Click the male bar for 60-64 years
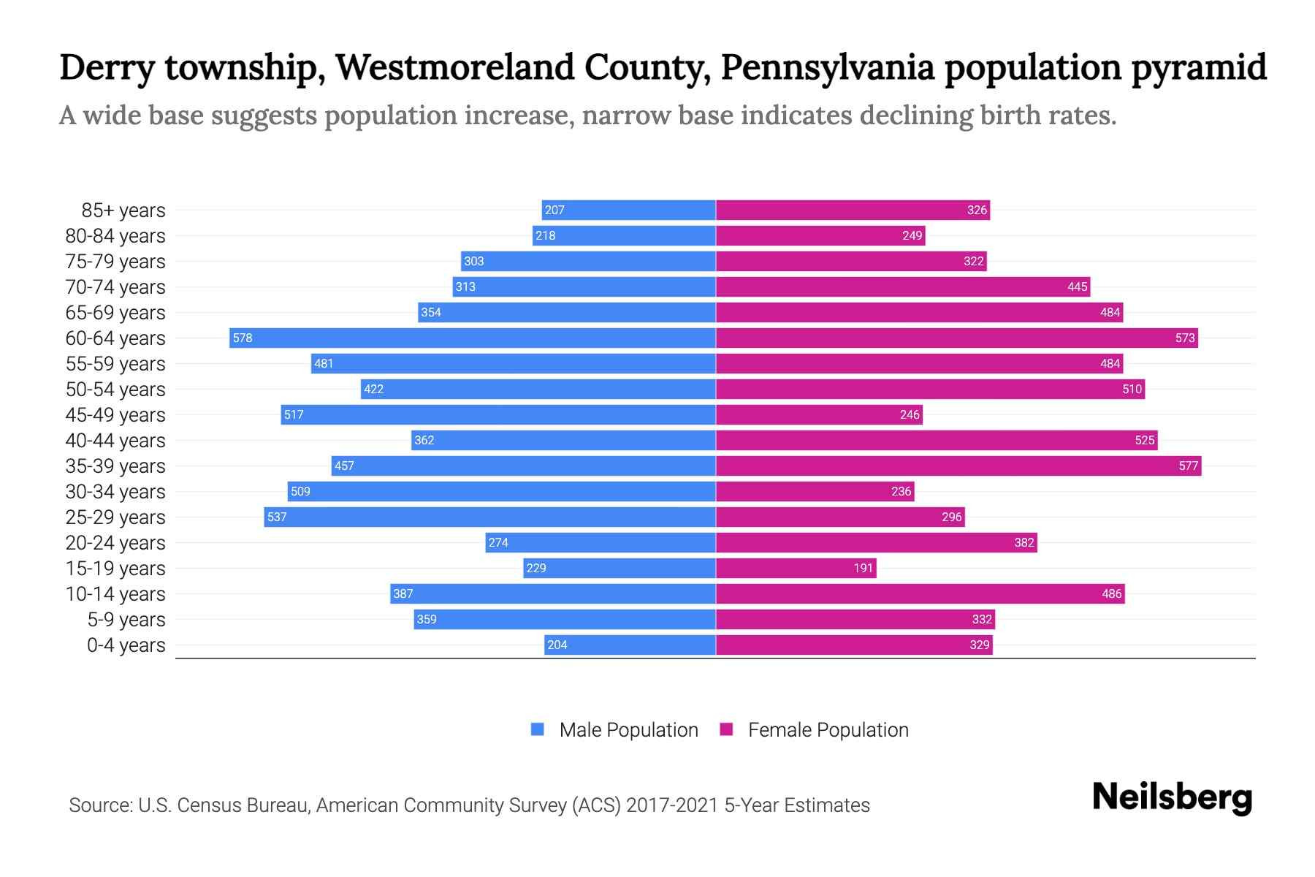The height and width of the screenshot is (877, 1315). [472, 338]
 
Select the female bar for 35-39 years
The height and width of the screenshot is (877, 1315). [958, 466]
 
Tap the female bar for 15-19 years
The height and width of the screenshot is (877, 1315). [796, 568]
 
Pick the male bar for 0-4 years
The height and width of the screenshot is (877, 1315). [630, 645]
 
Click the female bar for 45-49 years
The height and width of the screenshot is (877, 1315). [819, 414]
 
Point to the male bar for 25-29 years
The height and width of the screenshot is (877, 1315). [489, 517]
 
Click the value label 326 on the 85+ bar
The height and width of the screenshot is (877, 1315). [977, 210]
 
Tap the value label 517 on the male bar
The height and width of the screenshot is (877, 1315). [294, 415]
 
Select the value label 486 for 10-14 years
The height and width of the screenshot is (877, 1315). [1111, 594]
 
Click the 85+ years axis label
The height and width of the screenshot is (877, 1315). [123, 210]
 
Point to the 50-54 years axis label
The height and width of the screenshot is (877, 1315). [115, 390]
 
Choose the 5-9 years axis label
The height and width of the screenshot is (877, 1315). [126, 620]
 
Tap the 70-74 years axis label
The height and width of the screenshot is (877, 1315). [115, 287]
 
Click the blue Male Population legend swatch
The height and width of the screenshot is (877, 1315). [538, 729]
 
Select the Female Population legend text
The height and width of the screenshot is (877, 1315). [828, 729]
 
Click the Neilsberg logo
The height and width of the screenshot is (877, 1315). [1172, 797]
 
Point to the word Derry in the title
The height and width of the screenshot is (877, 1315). [107, 68]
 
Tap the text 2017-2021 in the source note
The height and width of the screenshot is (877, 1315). [672, 805]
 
